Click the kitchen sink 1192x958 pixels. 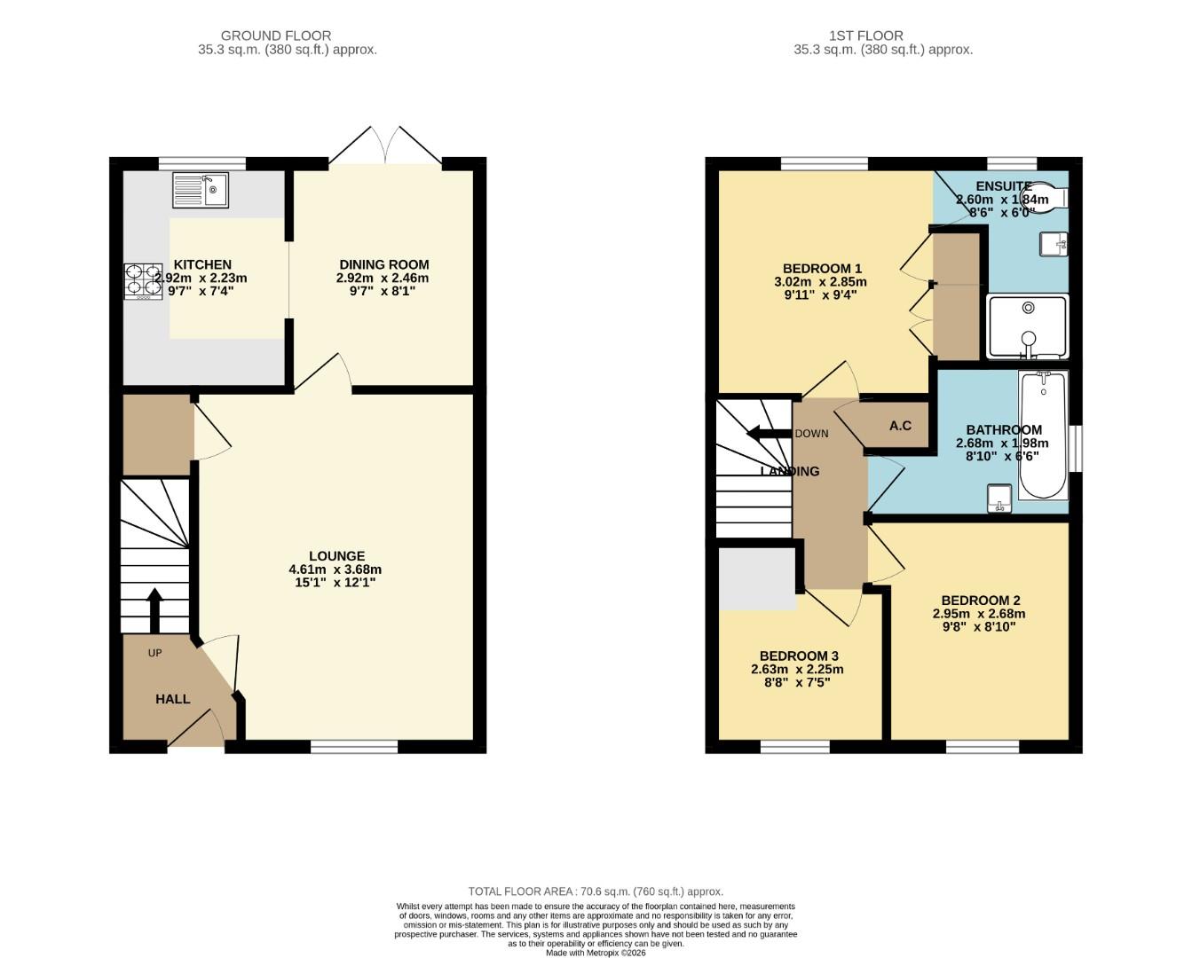(201, 189)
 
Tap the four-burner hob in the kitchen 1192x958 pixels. (143, 281)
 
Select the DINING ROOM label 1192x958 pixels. (383, 264)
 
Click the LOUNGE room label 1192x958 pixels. (336, 556)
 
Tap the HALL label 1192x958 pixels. (172, 699)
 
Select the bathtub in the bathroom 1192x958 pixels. (1043, 435)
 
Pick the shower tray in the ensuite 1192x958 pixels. (1028, 327)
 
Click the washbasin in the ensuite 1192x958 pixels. (1053, 243)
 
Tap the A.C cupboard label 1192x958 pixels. (900, 426)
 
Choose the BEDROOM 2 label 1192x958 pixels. (980, 601)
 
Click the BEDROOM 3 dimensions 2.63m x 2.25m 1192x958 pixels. (796, 670)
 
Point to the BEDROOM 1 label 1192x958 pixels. (821, 269)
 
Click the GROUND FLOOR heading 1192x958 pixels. (276, 35)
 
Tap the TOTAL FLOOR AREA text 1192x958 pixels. (596, 891)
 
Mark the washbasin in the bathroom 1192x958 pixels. (1000, 499)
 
